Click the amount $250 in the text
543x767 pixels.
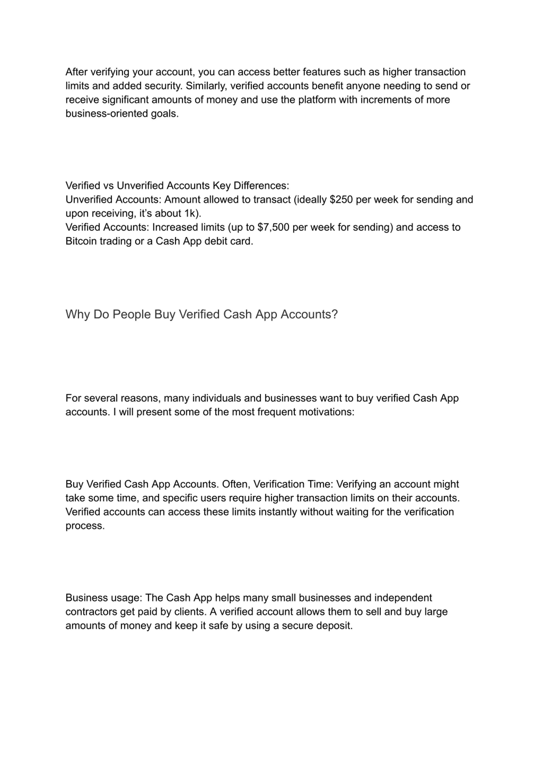click(341, 199)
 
